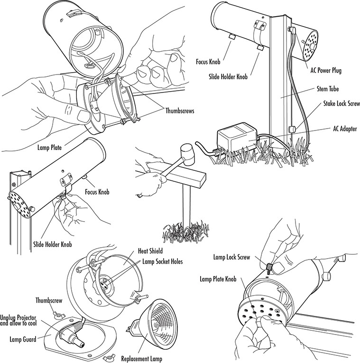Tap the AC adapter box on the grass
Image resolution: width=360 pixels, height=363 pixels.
click(236, 140)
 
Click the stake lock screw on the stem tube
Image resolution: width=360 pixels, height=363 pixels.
click(293, 128)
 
